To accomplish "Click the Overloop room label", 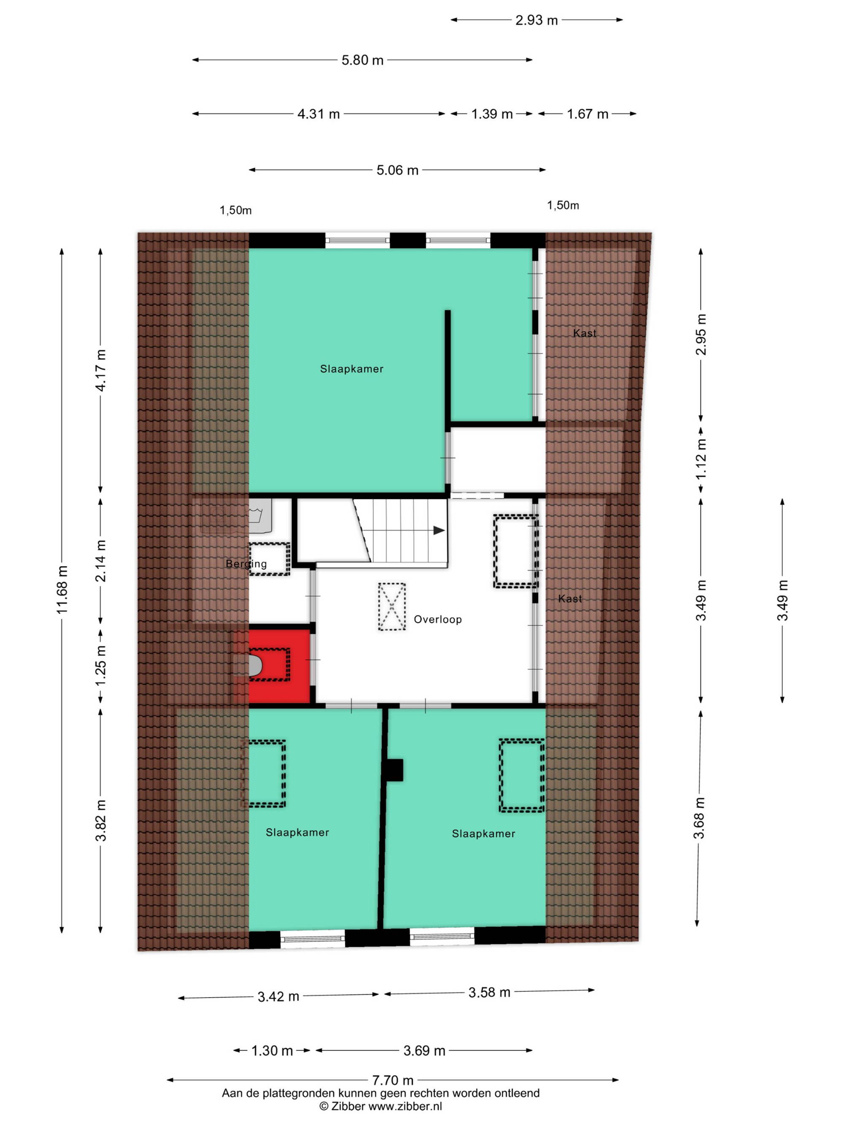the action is click(438, 620).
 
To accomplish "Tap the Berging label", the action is click(246, 564).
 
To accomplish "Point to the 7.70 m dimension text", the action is click(393, 1080).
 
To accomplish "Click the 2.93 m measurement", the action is click(537, 20).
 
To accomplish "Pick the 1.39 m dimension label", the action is click(492, 114).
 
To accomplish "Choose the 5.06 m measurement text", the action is click(398, 170).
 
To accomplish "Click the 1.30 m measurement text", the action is click(272, 1050).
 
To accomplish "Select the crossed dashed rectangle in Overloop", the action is click(392, 607).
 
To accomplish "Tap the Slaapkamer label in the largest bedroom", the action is click(352, 369).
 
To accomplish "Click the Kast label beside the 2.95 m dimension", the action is click(584, 333).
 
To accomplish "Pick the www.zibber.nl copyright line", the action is click(381, 1106).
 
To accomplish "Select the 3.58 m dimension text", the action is click(490, 992).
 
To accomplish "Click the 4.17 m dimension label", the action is click(101, 370).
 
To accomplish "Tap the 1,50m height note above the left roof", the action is click(235, 210).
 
